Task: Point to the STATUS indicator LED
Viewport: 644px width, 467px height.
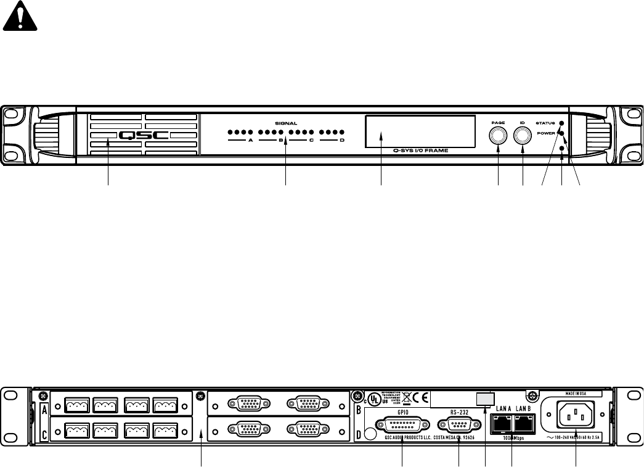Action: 561,123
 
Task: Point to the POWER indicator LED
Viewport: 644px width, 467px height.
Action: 561,133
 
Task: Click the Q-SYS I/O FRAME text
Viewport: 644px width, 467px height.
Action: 420,150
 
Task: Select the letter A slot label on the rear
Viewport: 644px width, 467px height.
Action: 44,410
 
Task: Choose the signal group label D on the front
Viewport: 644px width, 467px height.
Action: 342,141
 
